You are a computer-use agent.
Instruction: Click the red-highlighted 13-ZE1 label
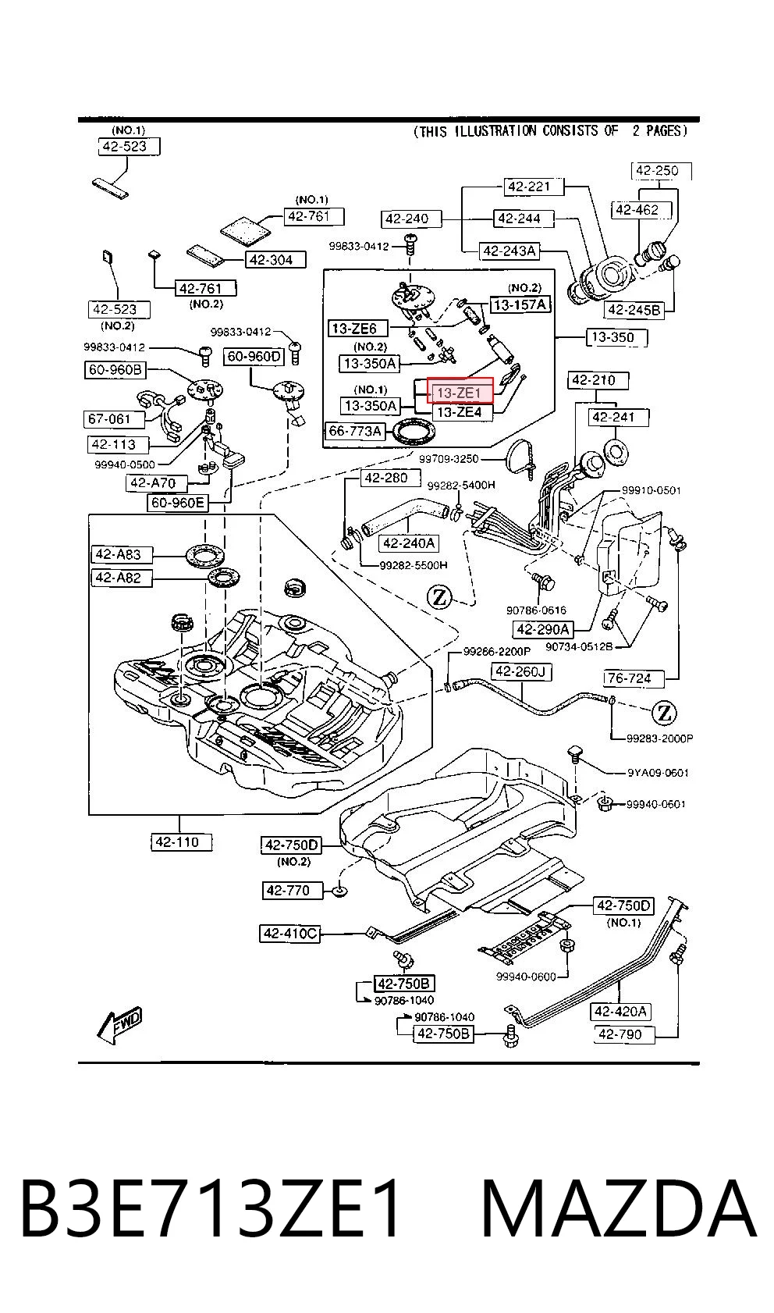pos(460,392)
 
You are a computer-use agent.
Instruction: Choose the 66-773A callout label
pos(355,432)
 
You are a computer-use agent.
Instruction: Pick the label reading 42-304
pos(275,260)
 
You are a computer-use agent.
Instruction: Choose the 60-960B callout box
pos(115,369)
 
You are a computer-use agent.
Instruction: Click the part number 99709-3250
pos(448,459)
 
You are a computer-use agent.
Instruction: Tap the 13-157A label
pos(520,304)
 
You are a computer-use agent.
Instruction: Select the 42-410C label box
pos(290,933)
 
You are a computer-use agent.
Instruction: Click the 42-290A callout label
pos(543,629)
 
